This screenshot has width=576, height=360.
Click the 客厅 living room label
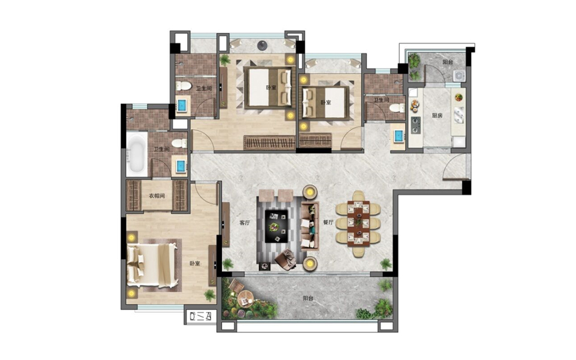[x=244, y=223]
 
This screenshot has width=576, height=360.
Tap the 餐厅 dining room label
[x=328, y=222]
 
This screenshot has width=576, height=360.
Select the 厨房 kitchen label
[x=437, y=115]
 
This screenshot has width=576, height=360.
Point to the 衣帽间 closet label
[x=157, y=196]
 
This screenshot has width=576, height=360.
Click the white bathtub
[x=136, y=154]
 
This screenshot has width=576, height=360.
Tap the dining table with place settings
[x=359, y=223]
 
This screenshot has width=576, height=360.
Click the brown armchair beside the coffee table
[x=285, y=259]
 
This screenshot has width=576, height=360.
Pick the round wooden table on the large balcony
[x=245, y=297]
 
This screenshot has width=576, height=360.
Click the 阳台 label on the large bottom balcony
[x=308, y=298]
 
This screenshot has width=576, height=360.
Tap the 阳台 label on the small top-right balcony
[x=448, y=62]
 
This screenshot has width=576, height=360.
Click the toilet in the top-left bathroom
[x=184, y=86]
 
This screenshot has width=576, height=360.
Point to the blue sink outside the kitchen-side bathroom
[x=398, y=136]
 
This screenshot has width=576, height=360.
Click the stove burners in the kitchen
[x=416, y=125]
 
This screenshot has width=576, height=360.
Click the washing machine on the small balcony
[x=459, y=76]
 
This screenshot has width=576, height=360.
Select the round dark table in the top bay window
[x=262, y=45]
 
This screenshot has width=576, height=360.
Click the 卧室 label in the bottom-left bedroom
[x=194, y=263]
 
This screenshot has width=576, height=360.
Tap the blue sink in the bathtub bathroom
[x=181, y=166]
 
